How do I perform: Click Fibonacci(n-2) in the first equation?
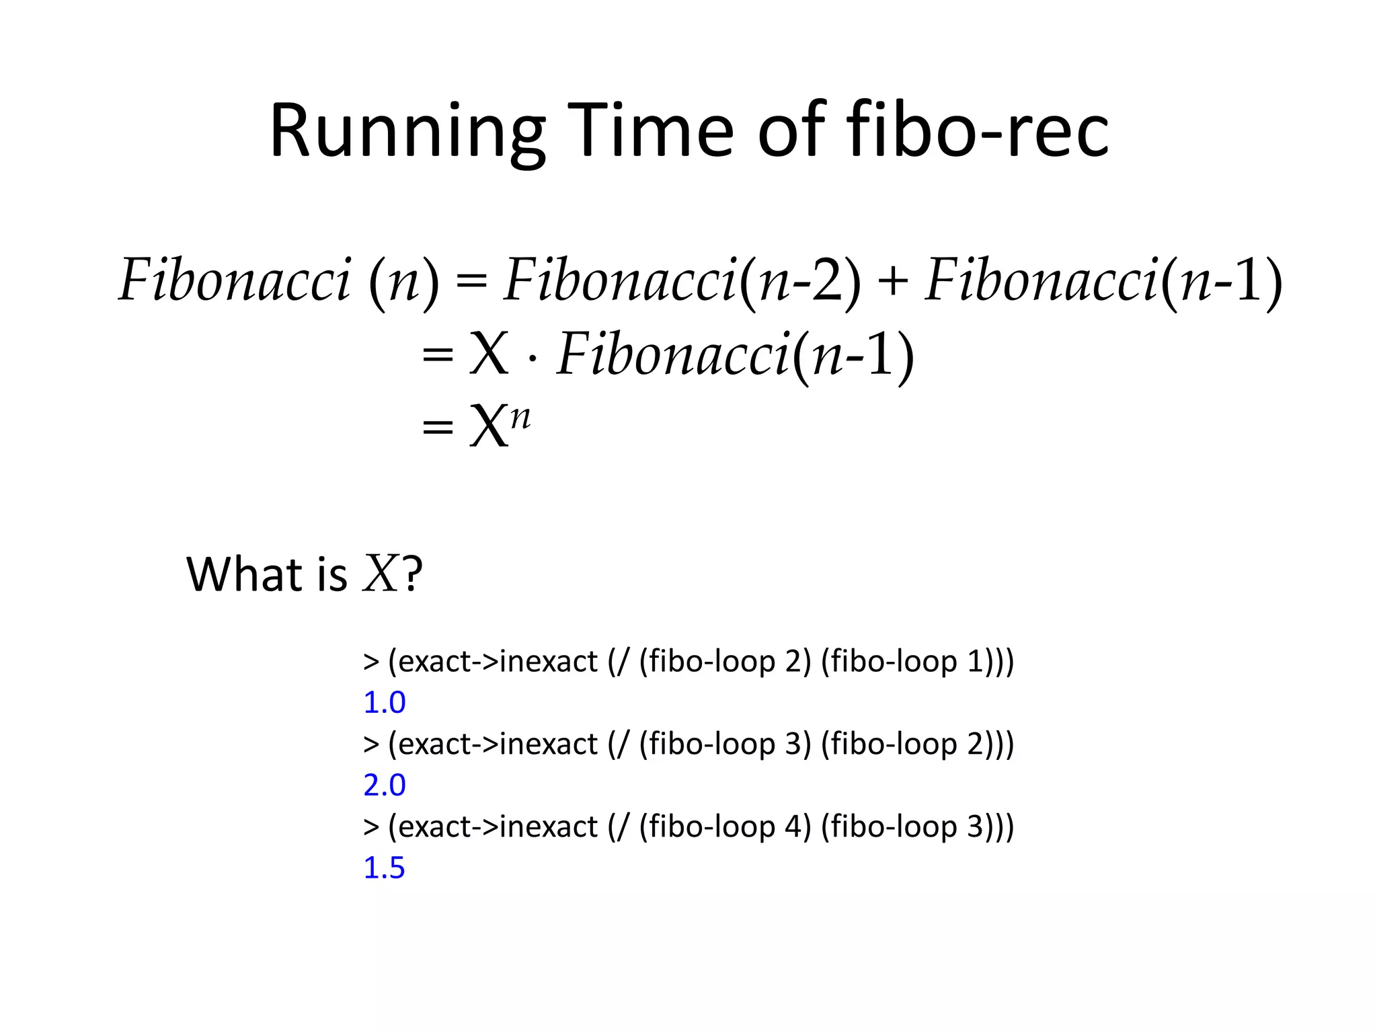[682, 281]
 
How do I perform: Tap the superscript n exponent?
[520, 416]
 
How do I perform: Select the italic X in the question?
[381, 574]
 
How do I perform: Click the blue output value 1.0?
[384, 703]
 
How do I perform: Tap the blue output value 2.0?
[384, 786]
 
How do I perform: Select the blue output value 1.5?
[384, 868]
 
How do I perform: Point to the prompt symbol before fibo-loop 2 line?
[370, 662]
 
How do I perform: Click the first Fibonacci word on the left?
[235, 281]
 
